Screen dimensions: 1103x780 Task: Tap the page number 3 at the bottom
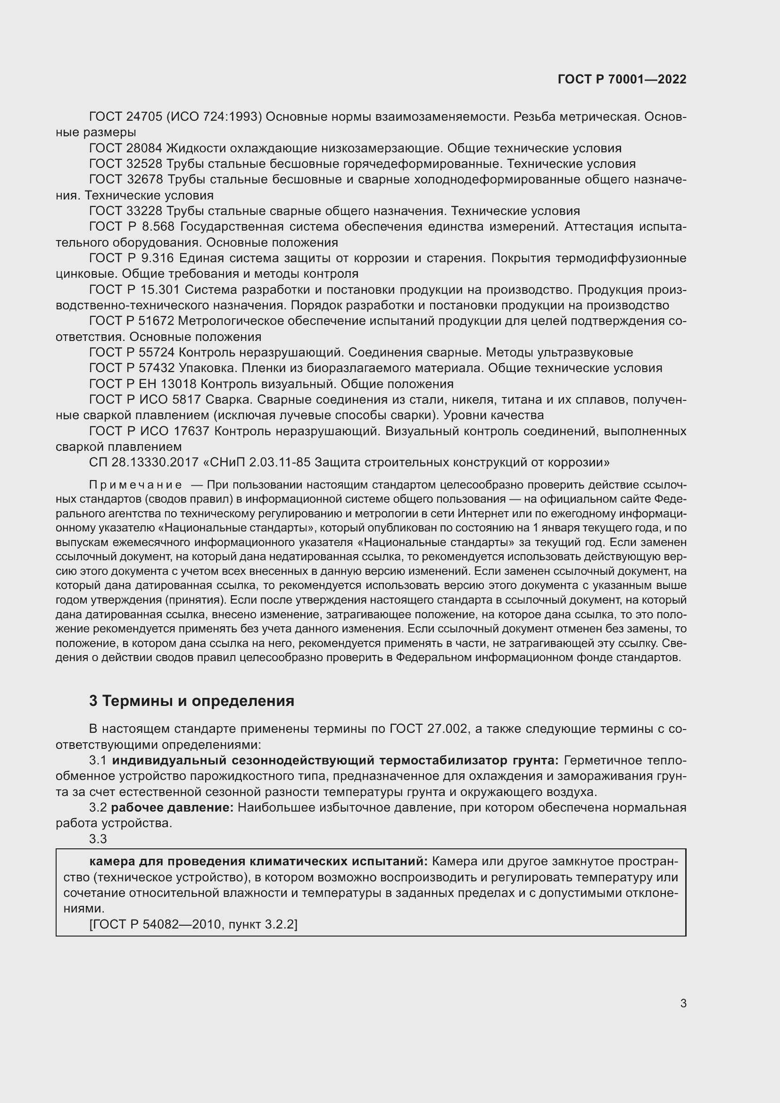tap(683, 1003)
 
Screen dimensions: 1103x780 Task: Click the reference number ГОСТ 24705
tap(125, 117)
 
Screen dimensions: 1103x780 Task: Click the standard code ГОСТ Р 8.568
tap(132, 227)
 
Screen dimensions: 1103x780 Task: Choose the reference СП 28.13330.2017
tap(144, 463)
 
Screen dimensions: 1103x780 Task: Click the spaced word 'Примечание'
tap(135, 485)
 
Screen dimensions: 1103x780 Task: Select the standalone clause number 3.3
tap(98, 839)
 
